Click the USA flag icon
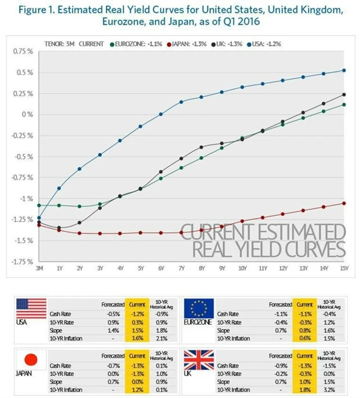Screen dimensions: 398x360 (31, 309)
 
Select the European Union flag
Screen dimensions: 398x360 (200, 309)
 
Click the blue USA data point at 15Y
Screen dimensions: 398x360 (344, 70)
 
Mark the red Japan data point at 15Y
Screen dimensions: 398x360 (344, 203)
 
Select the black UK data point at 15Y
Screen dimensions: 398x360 (344, 94)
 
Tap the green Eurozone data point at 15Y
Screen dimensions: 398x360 (344, 105)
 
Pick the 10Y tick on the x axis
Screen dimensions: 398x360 (242, 268)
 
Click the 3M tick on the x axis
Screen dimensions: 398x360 (39, 268)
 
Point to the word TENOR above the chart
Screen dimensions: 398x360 (54, 43)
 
